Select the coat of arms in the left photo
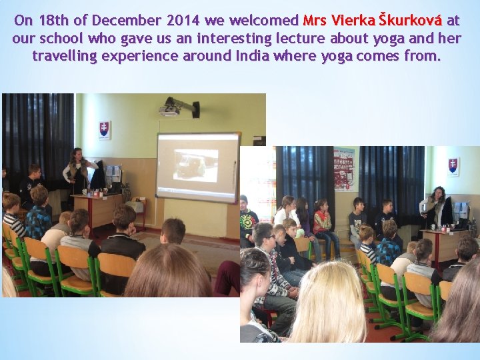[104, 129]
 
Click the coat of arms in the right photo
[453, 166]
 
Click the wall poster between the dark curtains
[345, 167]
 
